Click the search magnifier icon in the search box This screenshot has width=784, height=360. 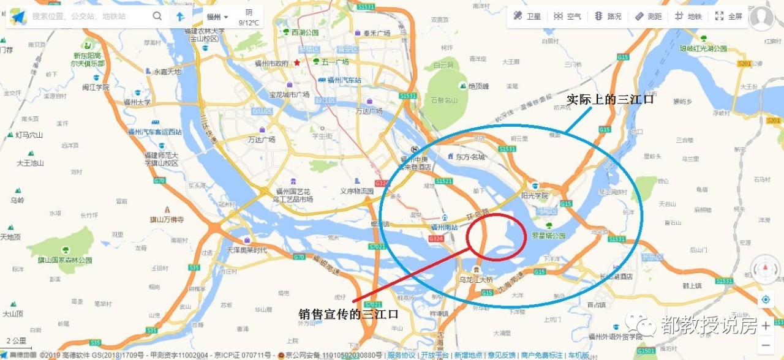tap(157, 17)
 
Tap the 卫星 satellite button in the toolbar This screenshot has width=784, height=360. tap(527, 17)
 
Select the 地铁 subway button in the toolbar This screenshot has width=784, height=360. tap(688, 17)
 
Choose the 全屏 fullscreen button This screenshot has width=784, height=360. tap(729, 17)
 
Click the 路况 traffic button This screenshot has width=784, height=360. tap(608, 17)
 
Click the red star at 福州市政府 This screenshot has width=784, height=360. tap(297, 62)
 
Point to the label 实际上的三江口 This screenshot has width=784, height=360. tap(609, 99)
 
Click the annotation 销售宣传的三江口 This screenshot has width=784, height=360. tap(349, 314)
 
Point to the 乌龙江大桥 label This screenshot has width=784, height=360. tap(476, 279)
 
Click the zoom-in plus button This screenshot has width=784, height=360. tap(766, 326)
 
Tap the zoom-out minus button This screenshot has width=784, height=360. tap(766, 346)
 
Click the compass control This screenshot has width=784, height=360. tap(765, 269)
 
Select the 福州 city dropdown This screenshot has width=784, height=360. tap(217, 17)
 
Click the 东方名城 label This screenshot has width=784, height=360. tap(470, 157)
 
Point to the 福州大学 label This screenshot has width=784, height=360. tap(137, 102)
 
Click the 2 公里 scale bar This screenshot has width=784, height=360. tap(17, 342)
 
